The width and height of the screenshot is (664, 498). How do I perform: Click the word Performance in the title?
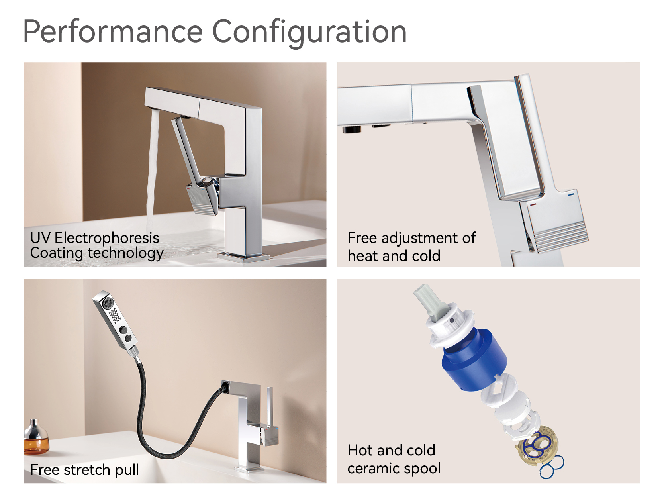coord(113,32)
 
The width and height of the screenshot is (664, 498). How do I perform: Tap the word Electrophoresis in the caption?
coord(107,238)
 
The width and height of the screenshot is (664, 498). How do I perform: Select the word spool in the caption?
coord(422,468)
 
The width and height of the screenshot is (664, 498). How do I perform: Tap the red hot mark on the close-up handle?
coord(533,204)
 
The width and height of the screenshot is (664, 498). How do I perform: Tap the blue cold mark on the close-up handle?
coord(571,195)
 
